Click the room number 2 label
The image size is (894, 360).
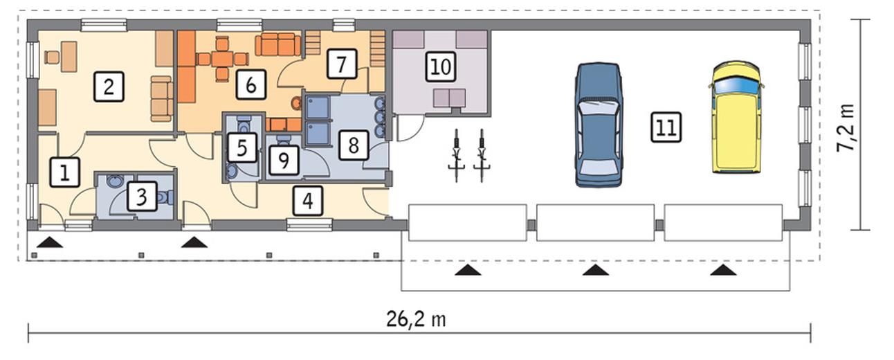point(109,87)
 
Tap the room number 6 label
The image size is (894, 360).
point(251,84)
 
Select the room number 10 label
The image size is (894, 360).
point(441,66)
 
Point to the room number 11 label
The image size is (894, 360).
point(666,127)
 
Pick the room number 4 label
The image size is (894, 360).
point(308,201)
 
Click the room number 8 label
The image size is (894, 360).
point(354,145)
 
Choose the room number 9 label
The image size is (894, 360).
point(284,161)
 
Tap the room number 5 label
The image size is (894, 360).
point(242,147)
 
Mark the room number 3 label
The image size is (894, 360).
point(142,196)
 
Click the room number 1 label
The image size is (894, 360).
point(64,172)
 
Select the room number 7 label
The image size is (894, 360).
point(342,64)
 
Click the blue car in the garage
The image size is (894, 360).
point(599,125)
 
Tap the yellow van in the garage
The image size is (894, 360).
point(736,117)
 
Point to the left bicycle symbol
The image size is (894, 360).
point(457,156)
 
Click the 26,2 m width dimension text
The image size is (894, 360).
point(417,320)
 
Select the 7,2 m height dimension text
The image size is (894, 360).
point(846,127)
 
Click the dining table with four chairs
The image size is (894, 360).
point(223,59)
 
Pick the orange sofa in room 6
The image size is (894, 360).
point(278,45)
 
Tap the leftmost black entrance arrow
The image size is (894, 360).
point(50,242)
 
